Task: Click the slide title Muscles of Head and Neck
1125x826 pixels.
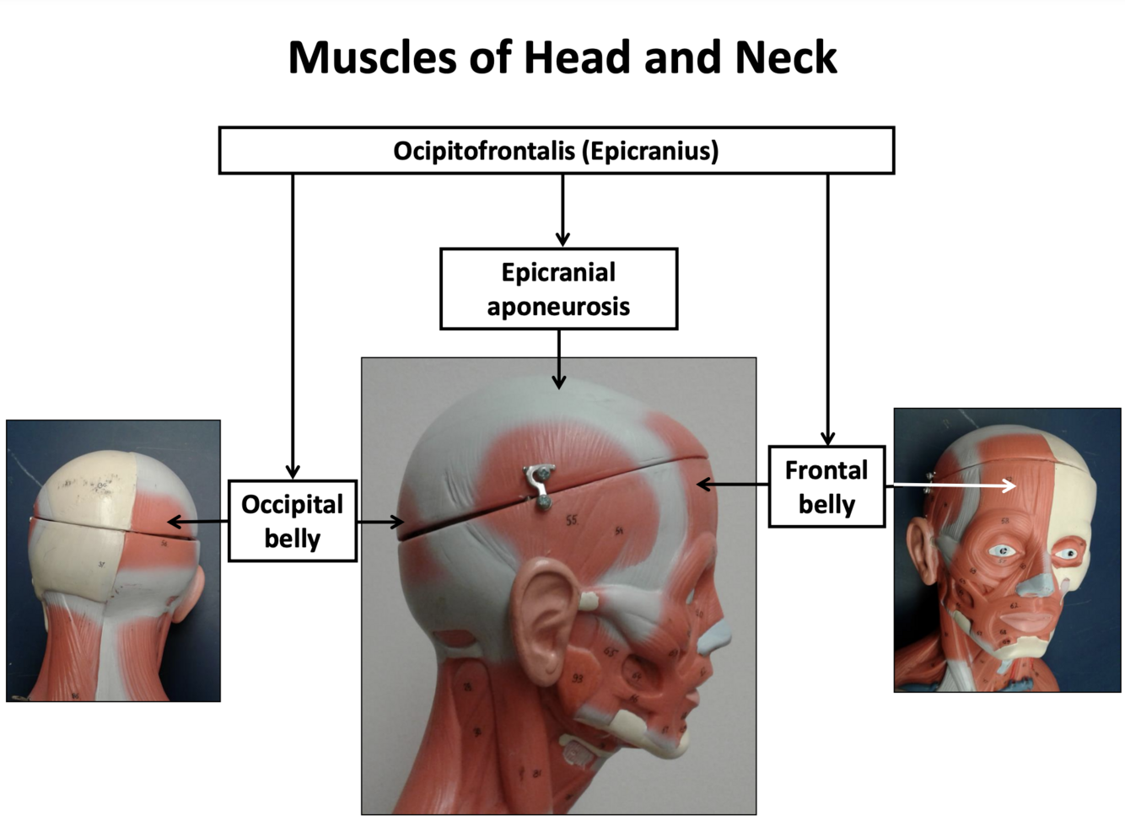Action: tap(562, 58)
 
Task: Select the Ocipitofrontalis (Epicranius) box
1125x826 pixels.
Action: tap(556, 151)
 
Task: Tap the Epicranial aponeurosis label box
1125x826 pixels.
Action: tap(558, 289)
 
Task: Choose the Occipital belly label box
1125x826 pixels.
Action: tap(292, 521)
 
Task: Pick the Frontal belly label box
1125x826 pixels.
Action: tap(826, 487)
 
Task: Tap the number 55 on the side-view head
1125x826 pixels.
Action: tap(572, 521)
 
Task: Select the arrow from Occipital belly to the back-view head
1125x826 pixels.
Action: tap(197, 523)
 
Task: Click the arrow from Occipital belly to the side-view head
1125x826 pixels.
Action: tap(380, 523)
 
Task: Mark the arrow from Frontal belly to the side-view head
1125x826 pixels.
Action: tap(732, 485)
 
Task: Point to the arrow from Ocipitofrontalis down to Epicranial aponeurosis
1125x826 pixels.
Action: tap(562, 211)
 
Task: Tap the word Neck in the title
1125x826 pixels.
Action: tap(785, 58)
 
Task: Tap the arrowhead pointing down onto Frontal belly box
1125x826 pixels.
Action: tap(827, 438)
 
